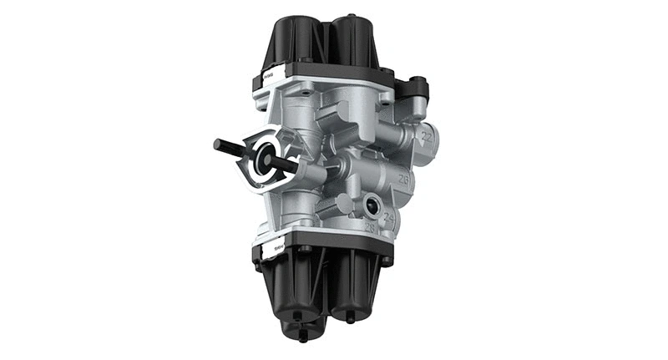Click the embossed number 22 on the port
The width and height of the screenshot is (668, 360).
(x=427, y=134)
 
